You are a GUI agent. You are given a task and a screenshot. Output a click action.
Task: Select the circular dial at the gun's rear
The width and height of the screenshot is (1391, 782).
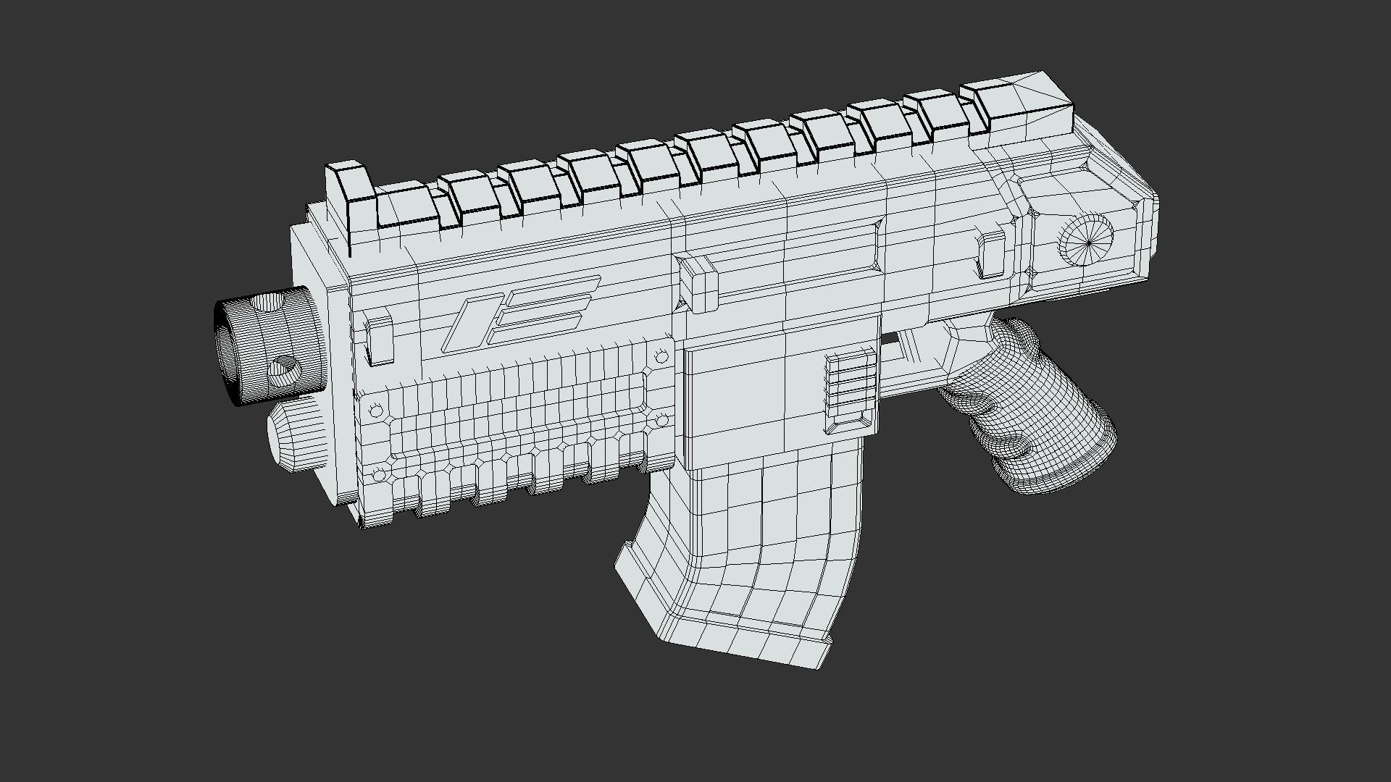pos(1086,240)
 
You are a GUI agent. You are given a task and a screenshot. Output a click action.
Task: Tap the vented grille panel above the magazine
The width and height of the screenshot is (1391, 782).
pos(851,391)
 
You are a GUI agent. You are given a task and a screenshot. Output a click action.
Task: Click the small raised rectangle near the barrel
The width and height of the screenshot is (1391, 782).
pos(377,337)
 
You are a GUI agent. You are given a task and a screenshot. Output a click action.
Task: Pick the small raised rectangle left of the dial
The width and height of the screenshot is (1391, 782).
pos(990,254)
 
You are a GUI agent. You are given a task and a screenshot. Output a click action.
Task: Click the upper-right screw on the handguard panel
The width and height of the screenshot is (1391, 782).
pos(661,357)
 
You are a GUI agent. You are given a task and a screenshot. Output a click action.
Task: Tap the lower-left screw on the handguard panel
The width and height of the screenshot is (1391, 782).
pos(378,475)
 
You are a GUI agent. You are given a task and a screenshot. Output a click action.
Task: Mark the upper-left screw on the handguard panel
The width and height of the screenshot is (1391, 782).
pos(376,411)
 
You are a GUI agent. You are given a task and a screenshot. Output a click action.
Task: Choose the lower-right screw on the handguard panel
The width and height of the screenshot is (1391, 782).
pos(661,421)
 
